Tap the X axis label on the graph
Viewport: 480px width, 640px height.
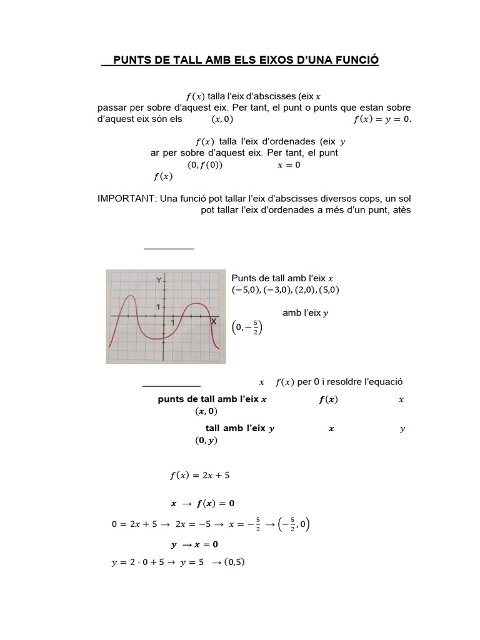point(214,321)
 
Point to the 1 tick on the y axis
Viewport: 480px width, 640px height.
point(159,307)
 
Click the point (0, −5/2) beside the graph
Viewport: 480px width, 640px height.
point(247,327)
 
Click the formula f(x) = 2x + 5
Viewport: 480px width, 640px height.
point(200,476)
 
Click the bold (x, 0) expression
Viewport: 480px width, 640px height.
point(206,411)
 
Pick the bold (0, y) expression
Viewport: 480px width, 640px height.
point(206,440)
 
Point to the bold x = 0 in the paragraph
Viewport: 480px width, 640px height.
point(289,165)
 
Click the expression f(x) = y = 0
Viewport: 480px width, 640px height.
point(382,119)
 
